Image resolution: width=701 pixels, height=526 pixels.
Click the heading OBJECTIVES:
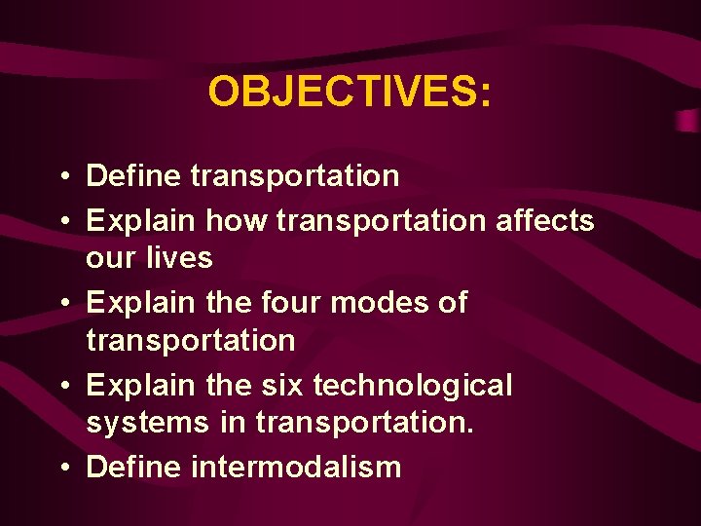point(350,93)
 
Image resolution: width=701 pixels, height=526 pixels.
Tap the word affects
point(544,221)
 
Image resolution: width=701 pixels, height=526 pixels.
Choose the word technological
point(413,386)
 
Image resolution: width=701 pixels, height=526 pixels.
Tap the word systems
point(147,423)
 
